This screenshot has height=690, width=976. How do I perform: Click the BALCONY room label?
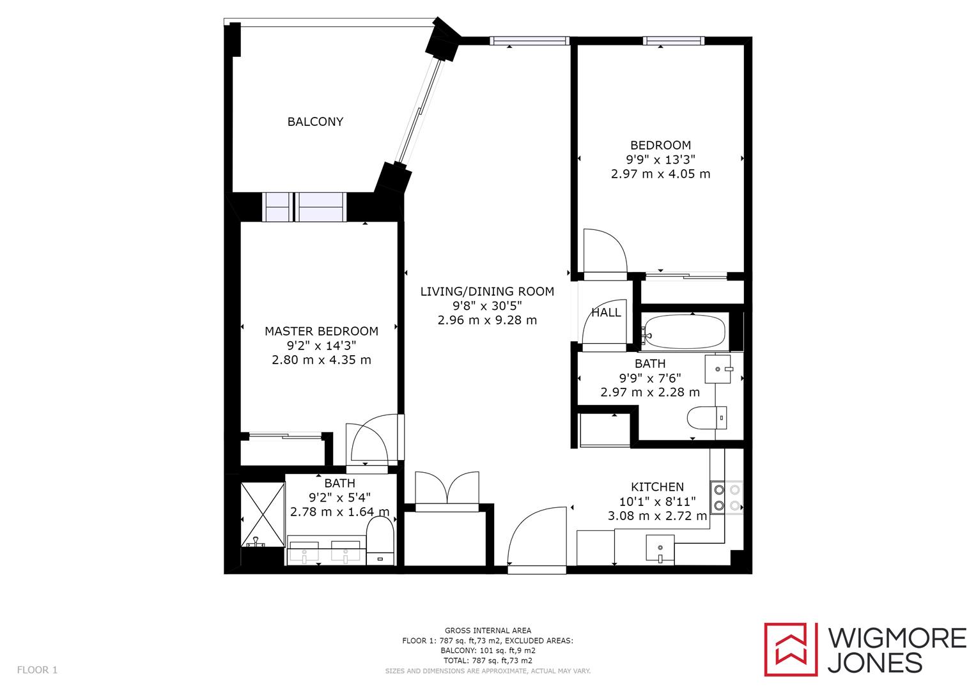click(x=315, y=121)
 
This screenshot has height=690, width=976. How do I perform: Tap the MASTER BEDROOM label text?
click(x=321, y=331)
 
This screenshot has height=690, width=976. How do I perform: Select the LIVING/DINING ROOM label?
click(x=487, y=291)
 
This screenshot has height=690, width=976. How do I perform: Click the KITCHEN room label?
click(x=657, y=487)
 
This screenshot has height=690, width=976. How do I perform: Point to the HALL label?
click(x=605, y=312)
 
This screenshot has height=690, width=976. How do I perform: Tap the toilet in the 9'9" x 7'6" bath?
click(x=706, y=418)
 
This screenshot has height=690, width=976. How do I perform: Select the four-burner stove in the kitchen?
click(x=727, y=497)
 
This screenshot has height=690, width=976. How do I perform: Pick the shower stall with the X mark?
click(x=263, y=514)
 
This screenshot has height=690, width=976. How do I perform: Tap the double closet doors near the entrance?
click(x=446, y=490)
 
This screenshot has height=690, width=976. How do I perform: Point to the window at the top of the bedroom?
click(x=674, y=41)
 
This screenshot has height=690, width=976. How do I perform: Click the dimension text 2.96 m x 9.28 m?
click(x=487, y=320)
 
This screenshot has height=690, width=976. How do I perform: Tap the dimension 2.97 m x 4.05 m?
click(x=660, y=174)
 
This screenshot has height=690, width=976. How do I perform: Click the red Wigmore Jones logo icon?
click(x=791, y=649)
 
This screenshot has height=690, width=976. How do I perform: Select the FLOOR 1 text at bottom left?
click(x=37, y=670)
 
